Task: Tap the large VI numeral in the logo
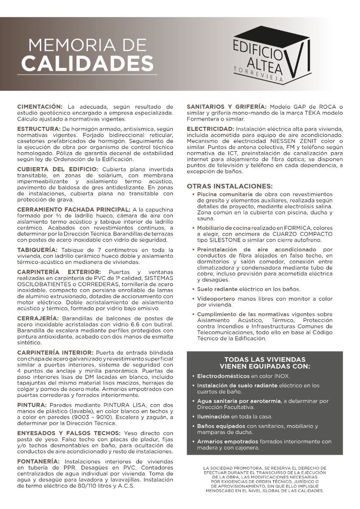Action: (x=300, y=58)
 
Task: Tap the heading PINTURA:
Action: (x=31, y=405)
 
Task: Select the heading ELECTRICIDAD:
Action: (x=211, y=128)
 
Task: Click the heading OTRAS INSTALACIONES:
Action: (x=229, y=186)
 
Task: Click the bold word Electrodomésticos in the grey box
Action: (x=223, y=376)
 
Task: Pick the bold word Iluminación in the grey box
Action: (x=214, y=416)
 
